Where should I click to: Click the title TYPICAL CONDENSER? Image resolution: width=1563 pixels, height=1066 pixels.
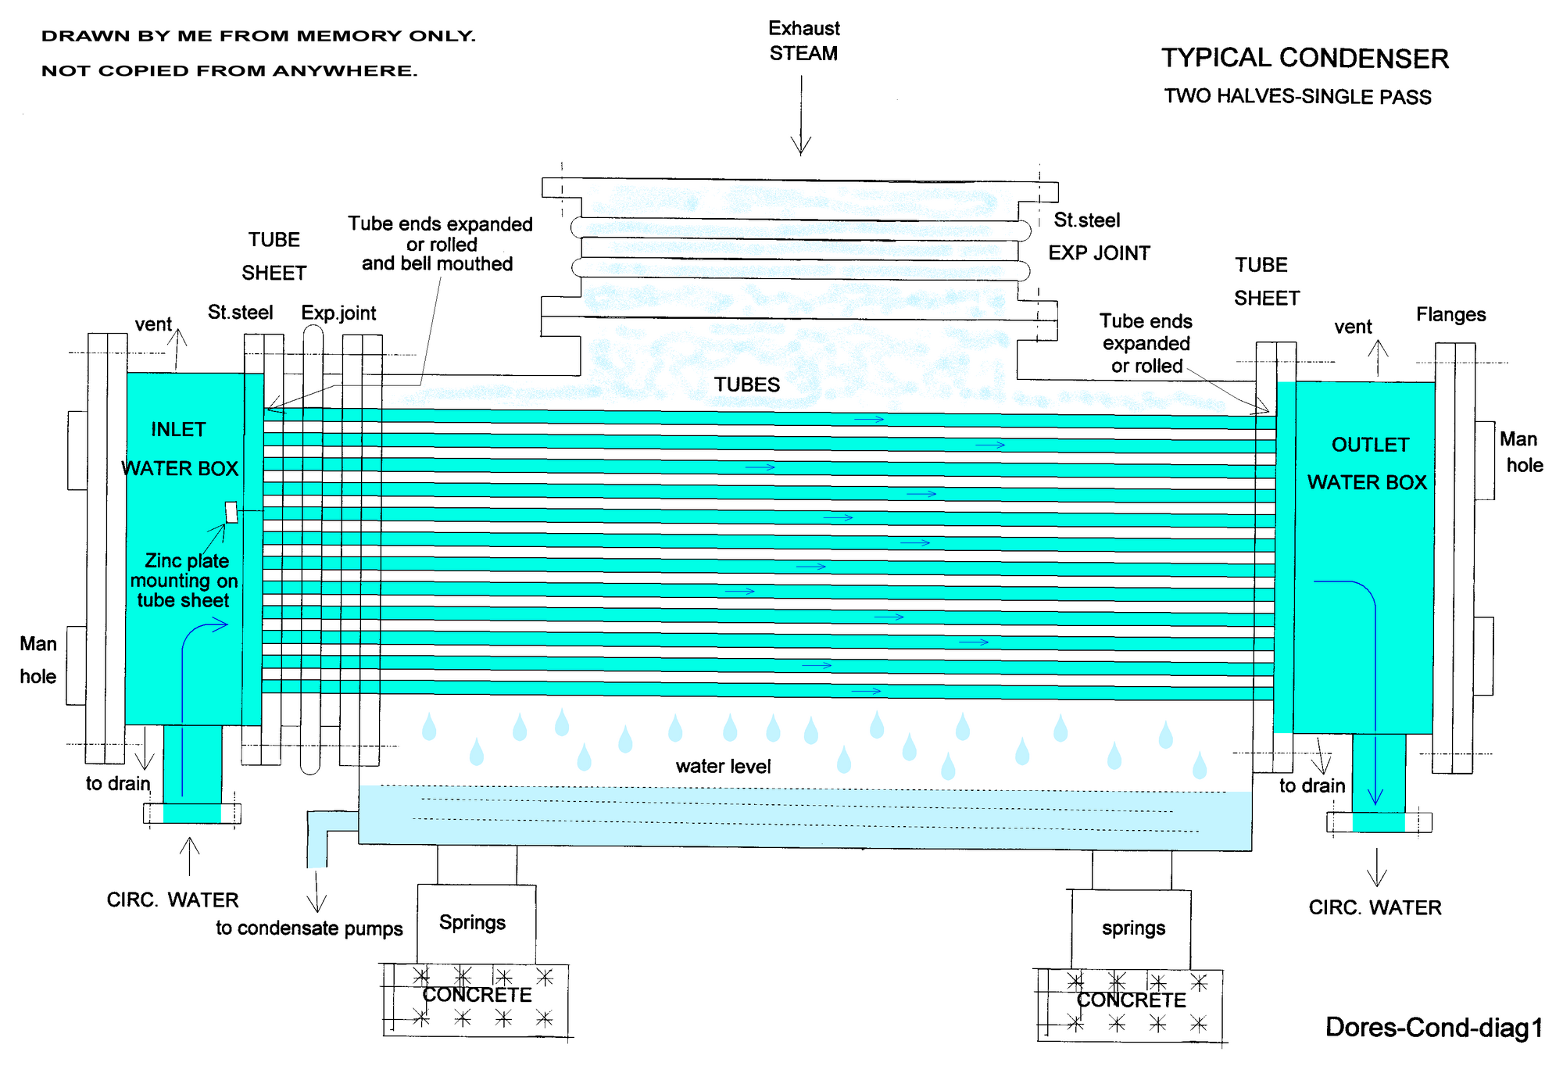(x=1304, y=59)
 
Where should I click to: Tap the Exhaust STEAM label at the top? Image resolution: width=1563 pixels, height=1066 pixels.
(x=803, y=41)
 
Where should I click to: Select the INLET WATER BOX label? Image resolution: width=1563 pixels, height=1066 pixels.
(x=179, y=449)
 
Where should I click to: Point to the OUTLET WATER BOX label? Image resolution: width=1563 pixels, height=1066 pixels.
(x=1368, y=463)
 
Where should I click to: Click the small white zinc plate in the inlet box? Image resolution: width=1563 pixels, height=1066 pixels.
(x=231, y=512)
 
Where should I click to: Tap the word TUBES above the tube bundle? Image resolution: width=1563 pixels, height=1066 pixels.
(x=747, y=385)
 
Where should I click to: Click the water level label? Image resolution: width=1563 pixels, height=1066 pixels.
(x=723, y=767)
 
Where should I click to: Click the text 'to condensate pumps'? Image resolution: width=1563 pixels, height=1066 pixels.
(x=309, y=928)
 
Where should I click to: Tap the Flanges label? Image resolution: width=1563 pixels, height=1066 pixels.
(x=1450, y=315)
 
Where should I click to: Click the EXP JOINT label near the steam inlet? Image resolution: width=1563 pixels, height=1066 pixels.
(x=1099, y=253)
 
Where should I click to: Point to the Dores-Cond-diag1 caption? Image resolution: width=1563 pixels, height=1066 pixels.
(x=1433, y=1028)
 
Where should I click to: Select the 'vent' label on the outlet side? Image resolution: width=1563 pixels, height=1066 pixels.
(x=1353, y=327)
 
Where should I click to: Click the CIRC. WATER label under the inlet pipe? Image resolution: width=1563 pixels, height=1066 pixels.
(x=173, y=900)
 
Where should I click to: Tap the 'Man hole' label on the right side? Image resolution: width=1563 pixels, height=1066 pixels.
(x=1521, y=453)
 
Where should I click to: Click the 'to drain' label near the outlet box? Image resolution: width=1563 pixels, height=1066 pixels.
(x=1312, y=785)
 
